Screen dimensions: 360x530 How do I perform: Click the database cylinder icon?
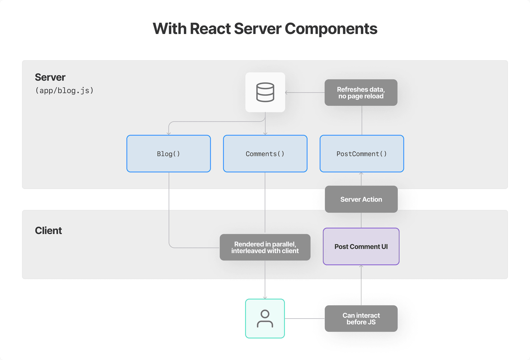pos(265,92)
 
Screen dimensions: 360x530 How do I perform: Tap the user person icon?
pos(265,319)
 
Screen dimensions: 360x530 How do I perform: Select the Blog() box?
pos(169,154)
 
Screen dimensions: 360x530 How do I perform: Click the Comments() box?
pos(265,154)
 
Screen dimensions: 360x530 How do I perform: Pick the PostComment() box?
pos(362,154)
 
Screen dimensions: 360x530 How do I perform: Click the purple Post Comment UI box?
pos(361,246)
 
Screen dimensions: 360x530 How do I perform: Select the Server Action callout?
pos(361,199)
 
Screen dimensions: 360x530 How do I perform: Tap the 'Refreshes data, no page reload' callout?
pos(361,93)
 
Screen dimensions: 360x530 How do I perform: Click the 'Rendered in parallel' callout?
pos(265,247)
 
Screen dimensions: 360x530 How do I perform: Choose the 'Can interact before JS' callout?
pos(361,319)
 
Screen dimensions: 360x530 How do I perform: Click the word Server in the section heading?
pos(50,77)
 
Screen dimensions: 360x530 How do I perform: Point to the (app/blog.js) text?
pos(64,91)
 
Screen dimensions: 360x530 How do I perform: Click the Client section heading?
pos(48,231)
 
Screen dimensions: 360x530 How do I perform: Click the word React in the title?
pos(210,29)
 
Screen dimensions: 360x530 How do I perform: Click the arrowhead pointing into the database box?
pos(287,93)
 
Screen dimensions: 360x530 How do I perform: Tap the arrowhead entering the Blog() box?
pos(169,134)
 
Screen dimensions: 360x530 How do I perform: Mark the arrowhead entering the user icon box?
pos(265,298)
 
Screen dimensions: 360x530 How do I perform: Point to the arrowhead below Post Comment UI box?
pos(361,266)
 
